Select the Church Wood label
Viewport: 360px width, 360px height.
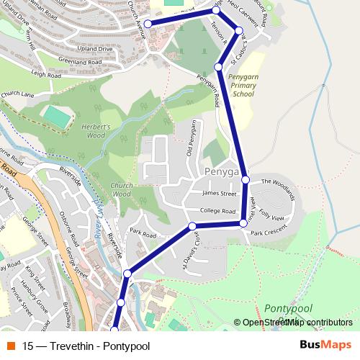[x=121, y=189]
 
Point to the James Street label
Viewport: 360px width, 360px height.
[x=220, y=193]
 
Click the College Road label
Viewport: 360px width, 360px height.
[x=218, y=212]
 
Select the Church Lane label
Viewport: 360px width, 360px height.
[x=17, y=94]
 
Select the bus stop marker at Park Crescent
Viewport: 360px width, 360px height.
[x=243, y=224]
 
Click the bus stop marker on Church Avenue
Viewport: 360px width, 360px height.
[x=148, y=24]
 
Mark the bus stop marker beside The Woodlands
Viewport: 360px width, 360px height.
[x=246, y=179]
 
